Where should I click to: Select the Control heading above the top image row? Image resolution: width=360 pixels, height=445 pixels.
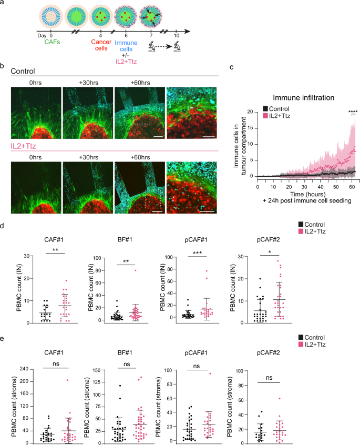tap(25, 70)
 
